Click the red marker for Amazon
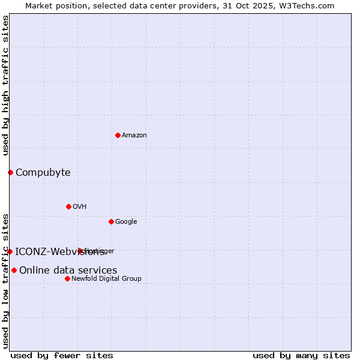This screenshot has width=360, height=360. pyautogui.click(x=118, y=135)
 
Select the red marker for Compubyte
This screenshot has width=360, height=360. pyautogui.click(x=10, y=173)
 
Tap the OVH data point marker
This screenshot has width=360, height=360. pyautogui.click(x=68, y=206)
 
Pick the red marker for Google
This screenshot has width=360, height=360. pyautogui.click(x=111, y=221)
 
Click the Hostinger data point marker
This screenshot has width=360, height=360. pyautogui.click(x=80, y=251)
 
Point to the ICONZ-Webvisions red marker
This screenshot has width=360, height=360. pyautogui.click(x=10, y=251)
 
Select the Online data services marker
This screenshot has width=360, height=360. pyautogui.click(x=14, y=270)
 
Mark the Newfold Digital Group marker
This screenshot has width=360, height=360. pyautogui.click(x=67, y=278)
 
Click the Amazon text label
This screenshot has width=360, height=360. pyautogui.click(x=134, y=136)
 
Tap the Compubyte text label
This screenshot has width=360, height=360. pyautogui.click(x=43, y=173)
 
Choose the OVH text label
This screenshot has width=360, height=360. pyautogui.click(x=80, y=207)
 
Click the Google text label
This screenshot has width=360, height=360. pyautogui.click(x=126, y=222)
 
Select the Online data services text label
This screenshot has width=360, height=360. pyautogui.click(x=68, y=271)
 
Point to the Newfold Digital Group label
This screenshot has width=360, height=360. pyautogui.click(x=106, y=279)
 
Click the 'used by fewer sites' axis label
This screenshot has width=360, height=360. pyautogui.click(x=62, y=355)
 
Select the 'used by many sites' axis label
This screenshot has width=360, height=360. pyautogui.click(x=301, y=355)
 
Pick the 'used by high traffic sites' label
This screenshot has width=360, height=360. pyautogui.click(x=5, y=85)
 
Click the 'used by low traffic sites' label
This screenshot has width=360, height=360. pyautogui.click(x=5, y=281)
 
